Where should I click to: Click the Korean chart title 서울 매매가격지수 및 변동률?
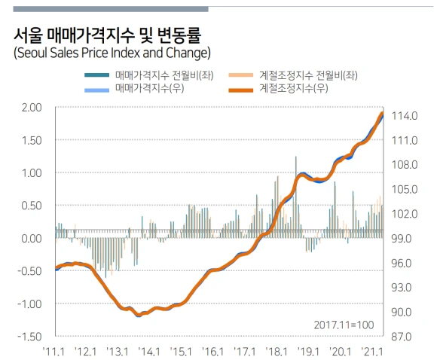point(106,35)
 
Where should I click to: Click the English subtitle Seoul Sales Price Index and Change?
point(112,53)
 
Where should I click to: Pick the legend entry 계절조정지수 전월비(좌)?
point(307,75)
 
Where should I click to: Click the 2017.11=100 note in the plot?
point(344,324)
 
